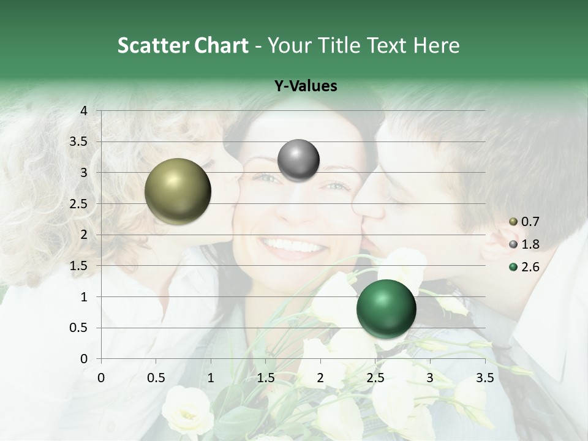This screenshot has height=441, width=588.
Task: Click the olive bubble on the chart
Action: point(178,191)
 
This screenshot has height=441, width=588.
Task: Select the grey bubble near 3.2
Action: point(298,160)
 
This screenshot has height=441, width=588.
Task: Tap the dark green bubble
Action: point(386,309)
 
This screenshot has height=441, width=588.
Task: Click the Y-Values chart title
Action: point(306,86)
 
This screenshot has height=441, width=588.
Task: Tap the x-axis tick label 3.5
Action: point(485,378)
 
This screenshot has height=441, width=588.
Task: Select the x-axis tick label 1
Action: point(211,378)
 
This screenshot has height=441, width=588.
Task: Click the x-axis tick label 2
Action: point(320,378)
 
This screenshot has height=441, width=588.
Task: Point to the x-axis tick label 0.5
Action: point(156,378)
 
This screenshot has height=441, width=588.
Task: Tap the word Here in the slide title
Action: point(436,45)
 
